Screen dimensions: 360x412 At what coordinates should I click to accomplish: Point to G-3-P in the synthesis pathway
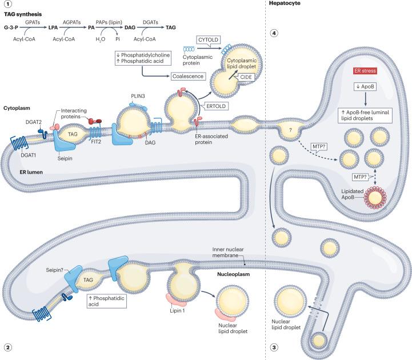14,26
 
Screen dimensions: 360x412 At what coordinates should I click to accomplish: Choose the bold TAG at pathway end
170,26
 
